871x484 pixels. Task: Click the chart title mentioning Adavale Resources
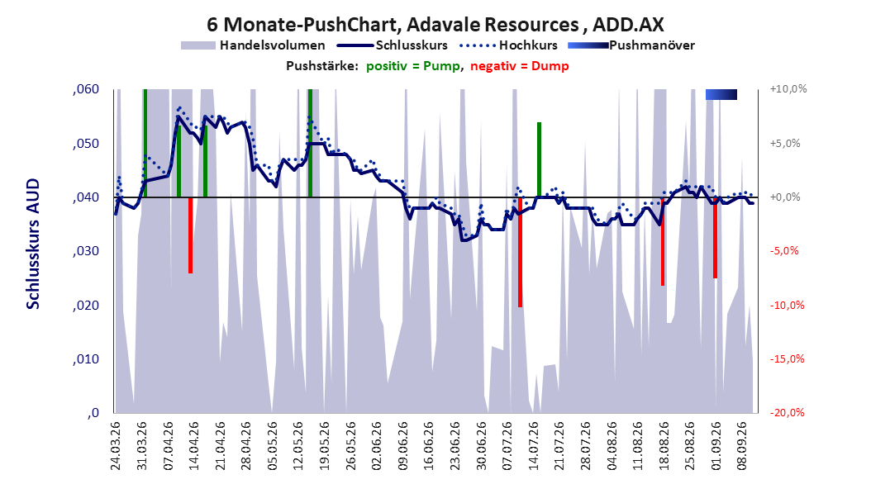[435, 25]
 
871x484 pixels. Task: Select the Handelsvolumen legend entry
[253, 45]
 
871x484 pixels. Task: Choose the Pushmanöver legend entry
[631, 45]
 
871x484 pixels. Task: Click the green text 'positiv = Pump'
[412, 66]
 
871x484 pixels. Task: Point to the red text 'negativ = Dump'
[520, 66]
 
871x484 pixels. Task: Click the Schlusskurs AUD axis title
[33, 244]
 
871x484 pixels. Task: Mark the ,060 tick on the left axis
[86, 89]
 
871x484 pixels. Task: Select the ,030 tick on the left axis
[86, 251]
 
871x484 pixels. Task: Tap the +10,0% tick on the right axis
[788, 89]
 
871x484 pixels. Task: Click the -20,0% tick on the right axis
[787, 412]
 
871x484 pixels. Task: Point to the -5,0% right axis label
[784, 251]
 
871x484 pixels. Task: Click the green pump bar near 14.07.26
[539, 160]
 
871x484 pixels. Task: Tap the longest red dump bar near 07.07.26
[521, 252]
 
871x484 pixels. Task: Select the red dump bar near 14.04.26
[191, 235]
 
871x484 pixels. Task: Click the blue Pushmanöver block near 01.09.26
[721, 94]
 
